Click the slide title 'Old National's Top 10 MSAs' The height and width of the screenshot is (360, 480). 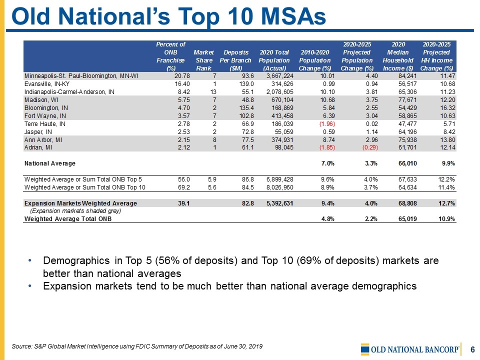(168, 16)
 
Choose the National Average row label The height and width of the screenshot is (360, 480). (50, 163)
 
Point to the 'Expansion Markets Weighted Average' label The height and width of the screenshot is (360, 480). (80, 203)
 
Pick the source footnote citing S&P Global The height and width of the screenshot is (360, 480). (136, 346)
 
